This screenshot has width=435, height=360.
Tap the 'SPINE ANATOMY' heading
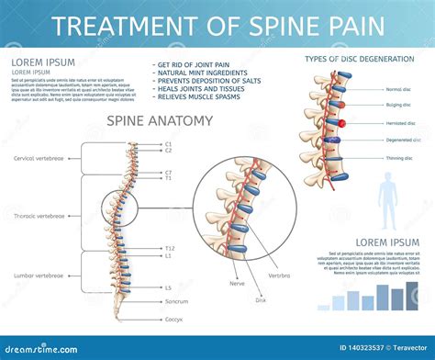coord(160,120)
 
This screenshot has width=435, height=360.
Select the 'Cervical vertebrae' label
coord(38,158)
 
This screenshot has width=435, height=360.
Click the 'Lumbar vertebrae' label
coord(39,275)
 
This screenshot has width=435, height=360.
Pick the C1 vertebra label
coord(168,142)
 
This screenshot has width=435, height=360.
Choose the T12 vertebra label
coord(169,248)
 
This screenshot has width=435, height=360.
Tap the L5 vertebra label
coord(168,287)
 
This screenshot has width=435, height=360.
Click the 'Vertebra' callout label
coord(280,275)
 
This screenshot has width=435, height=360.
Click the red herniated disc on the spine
coord(341,123)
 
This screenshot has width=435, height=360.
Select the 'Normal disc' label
coord(398,89)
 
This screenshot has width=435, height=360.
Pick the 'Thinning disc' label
coord(398,157)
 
